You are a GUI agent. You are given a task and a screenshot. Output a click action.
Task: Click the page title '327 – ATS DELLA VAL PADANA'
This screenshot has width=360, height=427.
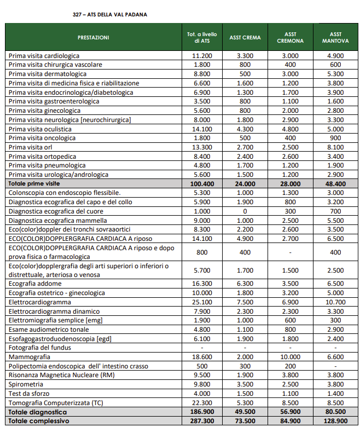point(109,14)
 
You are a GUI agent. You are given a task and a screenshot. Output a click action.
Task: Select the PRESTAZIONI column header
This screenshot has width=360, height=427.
point(93,37)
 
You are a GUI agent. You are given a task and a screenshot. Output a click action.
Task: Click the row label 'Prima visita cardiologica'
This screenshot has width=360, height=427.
point(44,56)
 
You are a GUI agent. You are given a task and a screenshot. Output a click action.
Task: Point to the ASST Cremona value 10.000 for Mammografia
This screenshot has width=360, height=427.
point(291,357)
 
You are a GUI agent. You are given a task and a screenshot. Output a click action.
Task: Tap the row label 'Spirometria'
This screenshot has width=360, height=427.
point(27,384)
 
